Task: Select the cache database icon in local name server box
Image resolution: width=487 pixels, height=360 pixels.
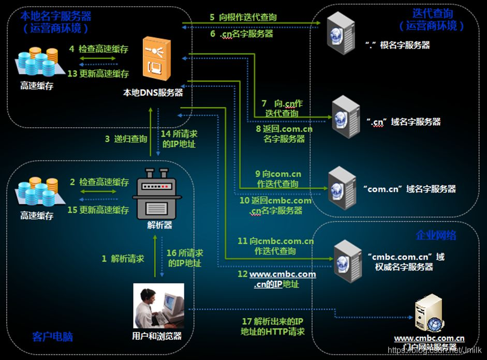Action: click(x=37, y=63)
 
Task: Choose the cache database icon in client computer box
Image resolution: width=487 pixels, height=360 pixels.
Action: click(x=37, y=194)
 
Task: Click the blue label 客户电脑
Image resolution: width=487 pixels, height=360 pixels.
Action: click(x=52, y=337)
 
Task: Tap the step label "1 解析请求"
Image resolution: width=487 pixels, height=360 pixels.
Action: click(x=123, y=259)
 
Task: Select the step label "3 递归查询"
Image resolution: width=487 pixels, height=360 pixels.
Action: click(x=126, y=139)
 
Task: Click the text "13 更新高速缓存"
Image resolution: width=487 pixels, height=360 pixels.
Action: click(x=98, y=74)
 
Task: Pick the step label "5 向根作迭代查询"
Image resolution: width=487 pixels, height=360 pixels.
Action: click(x=243, y=18)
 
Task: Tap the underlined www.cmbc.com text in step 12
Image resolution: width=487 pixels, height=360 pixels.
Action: click(x=283, y=274)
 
